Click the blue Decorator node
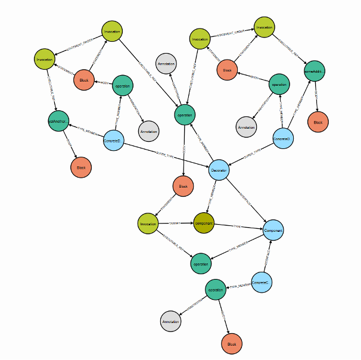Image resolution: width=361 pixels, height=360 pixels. click(x=219, y=170)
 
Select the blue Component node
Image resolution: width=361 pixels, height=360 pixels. click(x=273, y=229)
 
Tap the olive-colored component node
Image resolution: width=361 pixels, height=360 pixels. click(x=203, y=224)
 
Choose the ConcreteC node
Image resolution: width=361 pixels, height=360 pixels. click(x=261, y=282)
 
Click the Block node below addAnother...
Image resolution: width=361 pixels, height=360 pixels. click(x=81, y=168)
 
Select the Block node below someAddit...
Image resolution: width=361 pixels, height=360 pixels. click(x=317, y=122)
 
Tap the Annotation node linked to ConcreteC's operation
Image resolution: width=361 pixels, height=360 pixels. click(x=170, y=322)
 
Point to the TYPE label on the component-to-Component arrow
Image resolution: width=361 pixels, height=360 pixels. click(x=237, y=226)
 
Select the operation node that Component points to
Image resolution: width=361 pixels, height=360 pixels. click(x=201, y=263)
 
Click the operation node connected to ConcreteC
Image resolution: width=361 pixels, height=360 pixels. click(x=215, y=290)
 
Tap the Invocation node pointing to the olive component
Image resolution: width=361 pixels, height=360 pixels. click(x=148, y=225)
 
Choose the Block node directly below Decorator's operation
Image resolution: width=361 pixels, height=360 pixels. click(x=183, y=187)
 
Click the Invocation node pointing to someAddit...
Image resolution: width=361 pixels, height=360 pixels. click(x=264, y=27)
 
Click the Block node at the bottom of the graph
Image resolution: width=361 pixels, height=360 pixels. click(x=232, y=344)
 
